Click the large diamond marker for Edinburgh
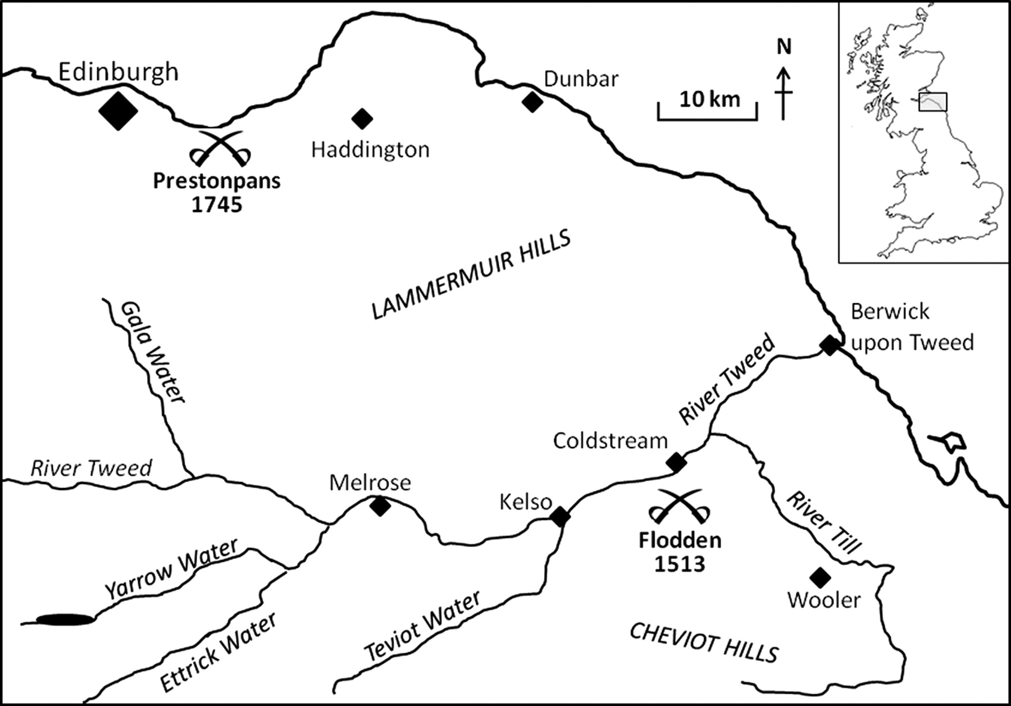tap(118, 110)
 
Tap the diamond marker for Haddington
tap(362, 118)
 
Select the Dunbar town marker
tap(532, 102)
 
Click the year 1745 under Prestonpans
tap(217, 205)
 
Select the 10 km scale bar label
tap(709, 99)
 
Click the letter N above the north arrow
tap(784, 47)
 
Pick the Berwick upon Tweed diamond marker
tap(830, 345)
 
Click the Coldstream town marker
tap(676, 462)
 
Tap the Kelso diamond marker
tap(560, 516)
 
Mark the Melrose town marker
tap(380, 506)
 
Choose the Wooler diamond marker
tap(821, 576)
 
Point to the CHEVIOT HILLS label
tap(704, 643)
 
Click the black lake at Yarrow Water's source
tap(65, 620)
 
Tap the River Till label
tap(823, 523)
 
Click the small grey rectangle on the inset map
tap(933, 102)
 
